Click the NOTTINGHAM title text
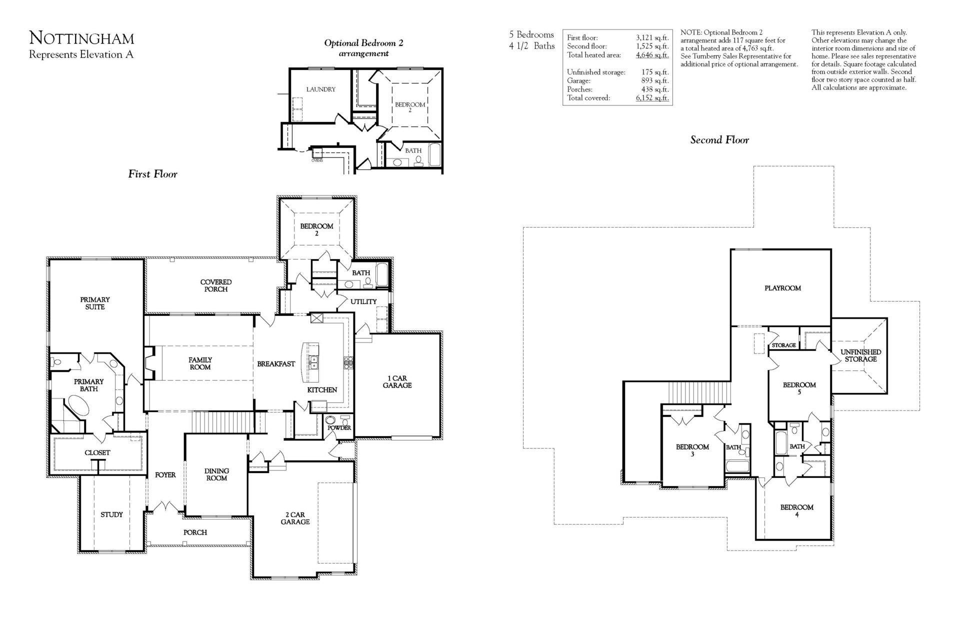pos(81,38)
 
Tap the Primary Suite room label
pos(95,303)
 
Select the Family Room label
pos(200,363)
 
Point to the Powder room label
pos(339,428)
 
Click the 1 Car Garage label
pos(397,381)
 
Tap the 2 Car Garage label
pos(295,518)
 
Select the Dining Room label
pos(216,474)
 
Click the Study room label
pos(111,514)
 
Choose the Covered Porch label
pos(216,285)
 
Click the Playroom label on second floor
pos(782,288)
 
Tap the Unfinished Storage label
pos(860,355)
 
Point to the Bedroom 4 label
pos(796,510)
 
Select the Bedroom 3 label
pos(692,450)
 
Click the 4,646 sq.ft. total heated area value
pos(652,55)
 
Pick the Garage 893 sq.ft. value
pos(654,80)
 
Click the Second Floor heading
pos(719,140)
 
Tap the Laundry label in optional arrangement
pos(320,89)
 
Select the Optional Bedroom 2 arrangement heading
pos(363,48)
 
